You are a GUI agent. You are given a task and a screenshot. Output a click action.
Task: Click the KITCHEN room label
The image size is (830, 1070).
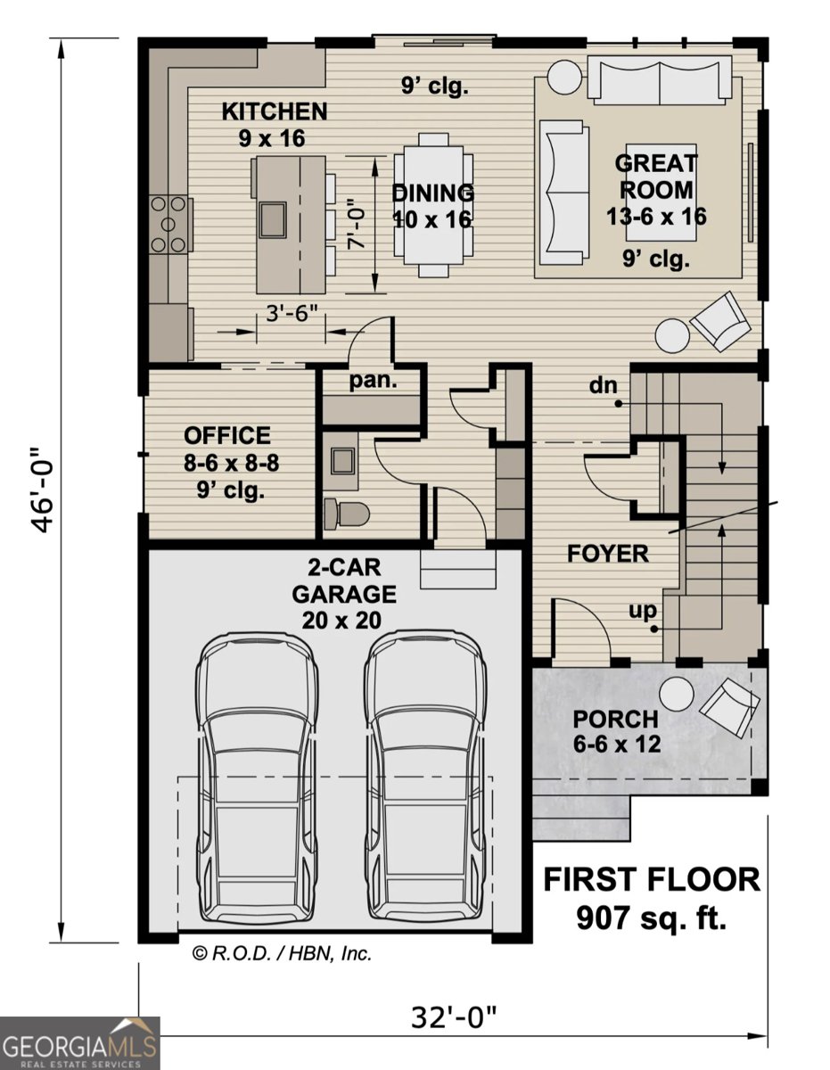tap(275, 112)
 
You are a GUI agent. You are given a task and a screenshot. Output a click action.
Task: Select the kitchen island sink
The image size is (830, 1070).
tap(273, 217)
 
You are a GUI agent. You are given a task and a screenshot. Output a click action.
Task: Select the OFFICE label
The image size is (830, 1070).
tap(226, 436)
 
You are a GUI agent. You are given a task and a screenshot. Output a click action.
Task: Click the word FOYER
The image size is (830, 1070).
tap(608, 553)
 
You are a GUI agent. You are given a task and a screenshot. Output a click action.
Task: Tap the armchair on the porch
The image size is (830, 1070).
tap(730, 707)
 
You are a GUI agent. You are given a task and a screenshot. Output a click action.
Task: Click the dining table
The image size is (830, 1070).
tap(433, 205)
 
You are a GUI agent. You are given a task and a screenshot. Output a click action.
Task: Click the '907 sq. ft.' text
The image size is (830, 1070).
tap(652, 916)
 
